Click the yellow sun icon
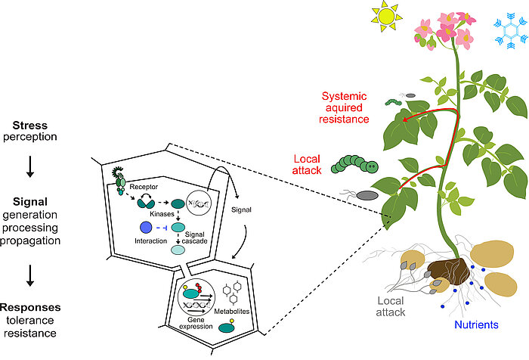[x=387, y=16]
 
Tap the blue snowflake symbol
[x=511, y=31]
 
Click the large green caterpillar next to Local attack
[x=354, y=164]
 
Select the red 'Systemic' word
[x=344, y=96]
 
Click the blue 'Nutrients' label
[x=476, y=324]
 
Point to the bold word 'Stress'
[x=30, y=126]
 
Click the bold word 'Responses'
[x=30, y=307]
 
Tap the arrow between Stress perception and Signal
[x=30, y=166]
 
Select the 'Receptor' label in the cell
[x=144, y=187]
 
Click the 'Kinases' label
[x=162, y=214]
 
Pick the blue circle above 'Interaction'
[x=146, y=228]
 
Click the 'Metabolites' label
[x=232, y=312]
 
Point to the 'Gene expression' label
[x=196, y=323]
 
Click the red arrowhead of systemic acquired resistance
[x=405, y=119]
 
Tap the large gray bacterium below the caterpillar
[x=367, y=196]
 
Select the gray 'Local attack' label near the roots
[x=391, y=306]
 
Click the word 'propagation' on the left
[x=30, y=241]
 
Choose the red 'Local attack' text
[x=307, y=164]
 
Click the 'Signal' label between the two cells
[x=241, y=209]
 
